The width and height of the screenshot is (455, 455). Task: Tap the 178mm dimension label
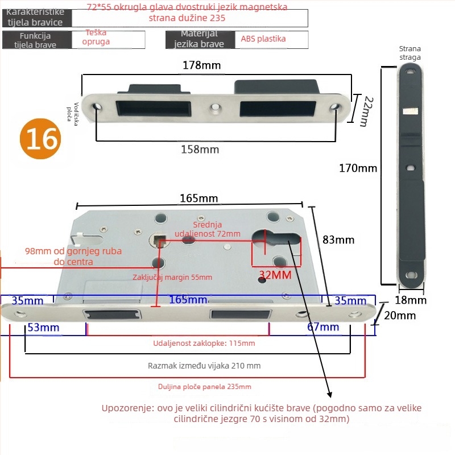[x=201, y=65]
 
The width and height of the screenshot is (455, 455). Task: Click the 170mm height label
[x=358, y=168]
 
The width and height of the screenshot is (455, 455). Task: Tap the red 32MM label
[x=275, y=275]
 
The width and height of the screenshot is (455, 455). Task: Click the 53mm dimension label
[x=44, y=327]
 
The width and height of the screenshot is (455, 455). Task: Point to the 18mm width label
[x=410, y=300]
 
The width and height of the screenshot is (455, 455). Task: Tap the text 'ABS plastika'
[x=263, y=39]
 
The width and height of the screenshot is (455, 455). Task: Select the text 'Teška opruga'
[x=97, y=38]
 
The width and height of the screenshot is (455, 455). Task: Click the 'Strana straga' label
[x=410, y=53]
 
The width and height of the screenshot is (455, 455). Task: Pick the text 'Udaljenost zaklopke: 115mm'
[x=204, y=344]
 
